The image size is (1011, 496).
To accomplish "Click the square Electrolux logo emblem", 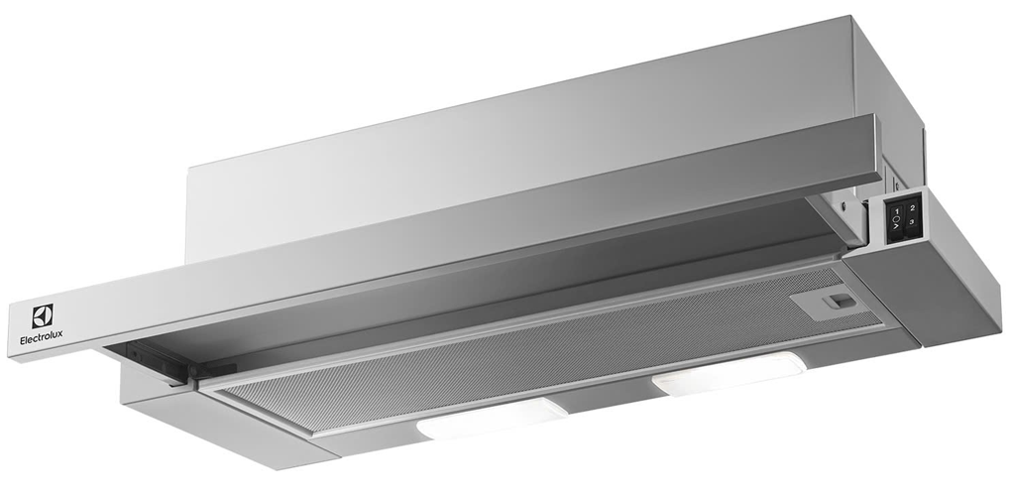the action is tap(42, 316).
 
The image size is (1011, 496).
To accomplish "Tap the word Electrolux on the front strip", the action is tap(42, 340).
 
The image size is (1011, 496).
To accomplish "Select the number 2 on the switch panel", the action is tap(912, 207).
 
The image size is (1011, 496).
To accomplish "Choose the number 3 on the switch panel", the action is tap(912, 222).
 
